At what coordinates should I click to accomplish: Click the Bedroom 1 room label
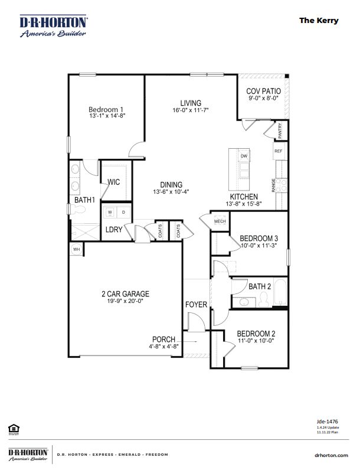(x=106, y=109)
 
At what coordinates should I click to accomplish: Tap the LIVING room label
(x=191, y=103)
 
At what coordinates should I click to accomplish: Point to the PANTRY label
(x=279, y=130)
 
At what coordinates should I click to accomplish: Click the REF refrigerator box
(x=279, y=151)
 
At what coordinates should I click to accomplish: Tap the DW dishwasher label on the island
(x=244, y=156)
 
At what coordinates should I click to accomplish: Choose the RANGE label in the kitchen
(x=274, y=185)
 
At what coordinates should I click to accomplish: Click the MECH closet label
(x=220, y=221)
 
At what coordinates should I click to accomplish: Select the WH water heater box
(x=76, y=250)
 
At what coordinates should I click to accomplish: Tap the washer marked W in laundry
(x=110, y=211)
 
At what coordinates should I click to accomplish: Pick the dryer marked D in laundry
(x=123, y=211)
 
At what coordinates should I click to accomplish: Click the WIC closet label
(x=113, y=182)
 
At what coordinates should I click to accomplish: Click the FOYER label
(x=197, y=305)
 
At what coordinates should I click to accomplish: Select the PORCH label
(x=163, y=339)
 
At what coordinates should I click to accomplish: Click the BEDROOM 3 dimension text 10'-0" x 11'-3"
(x=258, y=246)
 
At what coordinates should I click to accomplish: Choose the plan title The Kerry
(x=319, y=20)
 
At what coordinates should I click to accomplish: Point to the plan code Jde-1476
(x=327, y=421)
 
